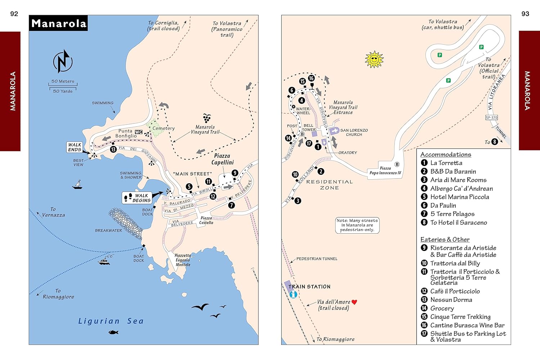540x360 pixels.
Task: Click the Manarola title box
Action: (58, 23)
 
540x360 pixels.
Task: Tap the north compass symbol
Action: (63, 61)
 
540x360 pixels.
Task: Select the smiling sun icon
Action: (374, 59)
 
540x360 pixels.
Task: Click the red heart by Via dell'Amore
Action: (354, 302)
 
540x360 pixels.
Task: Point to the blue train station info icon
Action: (293, 294)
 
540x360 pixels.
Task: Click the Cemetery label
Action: (163, 128)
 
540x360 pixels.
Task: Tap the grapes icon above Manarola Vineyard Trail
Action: (207, 118)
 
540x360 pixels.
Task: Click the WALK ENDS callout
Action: (75, 147)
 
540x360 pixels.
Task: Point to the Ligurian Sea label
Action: (111, 321)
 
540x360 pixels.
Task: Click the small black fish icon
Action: (113, 332)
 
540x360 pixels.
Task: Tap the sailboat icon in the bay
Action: (77, 185)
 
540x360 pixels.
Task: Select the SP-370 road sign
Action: (491, 117)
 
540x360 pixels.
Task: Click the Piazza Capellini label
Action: (222, 159)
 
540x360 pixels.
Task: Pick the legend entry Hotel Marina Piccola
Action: (459, 197)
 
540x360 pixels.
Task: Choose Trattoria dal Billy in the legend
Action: (455, 263)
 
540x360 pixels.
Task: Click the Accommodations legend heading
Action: (446, 154)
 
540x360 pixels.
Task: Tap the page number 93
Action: (525, 14)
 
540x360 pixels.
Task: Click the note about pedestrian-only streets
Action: (357, 225)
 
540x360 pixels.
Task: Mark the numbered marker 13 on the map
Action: (113, 149)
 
